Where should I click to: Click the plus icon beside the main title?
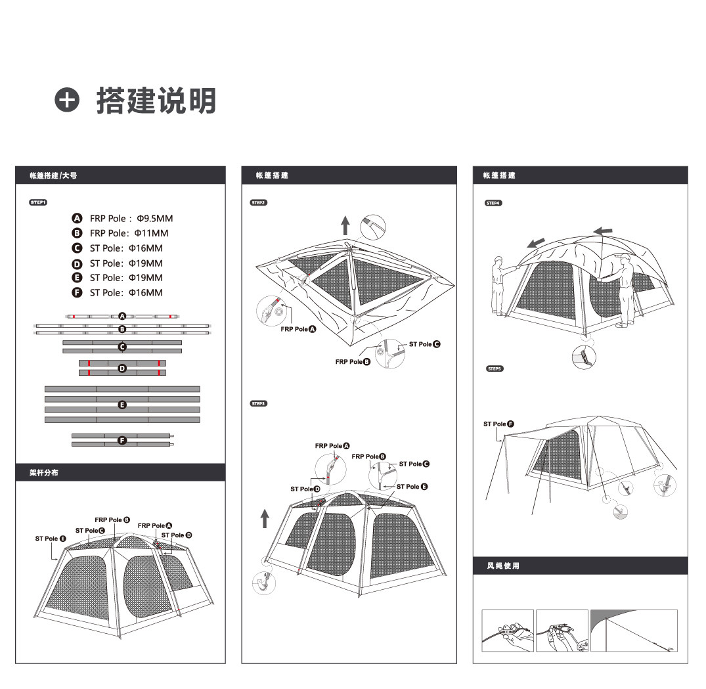coord(67,100)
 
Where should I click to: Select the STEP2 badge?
coord(259,202)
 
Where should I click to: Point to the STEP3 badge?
coord(259,403)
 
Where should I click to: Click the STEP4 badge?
coord(493,203)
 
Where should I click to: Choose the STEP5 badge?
coord(495,369)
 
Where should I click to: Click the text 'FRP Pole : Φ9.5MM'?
coord(131,218)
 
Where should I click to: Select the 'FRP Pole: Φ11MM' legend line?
coord(129,233)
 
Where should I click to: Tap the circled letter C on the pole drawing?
coord(122,346)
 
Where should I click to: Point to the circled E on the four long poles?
coord(122,405)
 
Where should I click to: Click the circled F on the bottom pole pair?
coord(122,440)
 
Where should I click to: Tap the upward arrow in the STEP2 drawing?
coord(345,225)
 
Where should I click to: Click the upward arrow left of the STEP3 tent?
coord(265,518)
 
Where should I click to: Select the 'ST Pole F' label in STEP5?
coord(498,424)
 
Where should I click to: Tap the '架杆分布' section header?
coord(45,472)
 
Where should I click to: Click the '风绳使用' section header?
coord(503,566)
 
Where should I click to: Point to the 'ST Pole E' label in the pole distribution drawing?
coord(51,539)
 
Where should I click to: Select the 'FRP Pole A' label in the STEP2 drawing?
coord(298,329)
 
